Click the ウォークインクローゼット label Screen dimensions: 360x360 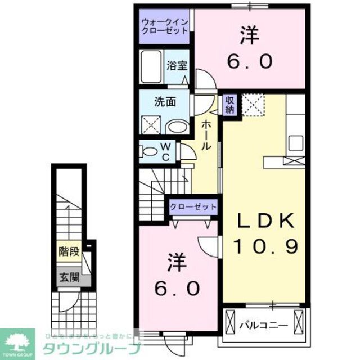(x=165, y=26)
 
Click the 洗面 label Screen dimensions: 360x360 (x=165, y=102)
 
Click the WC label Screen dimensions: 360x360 (x=166, y=151)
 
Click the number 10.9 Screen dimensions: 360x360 (x=265, y=246)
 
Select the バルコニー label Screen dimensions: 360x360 (x=264, y=325)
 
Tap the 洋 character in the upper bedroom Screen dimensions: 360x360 (x=250, y=37)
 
